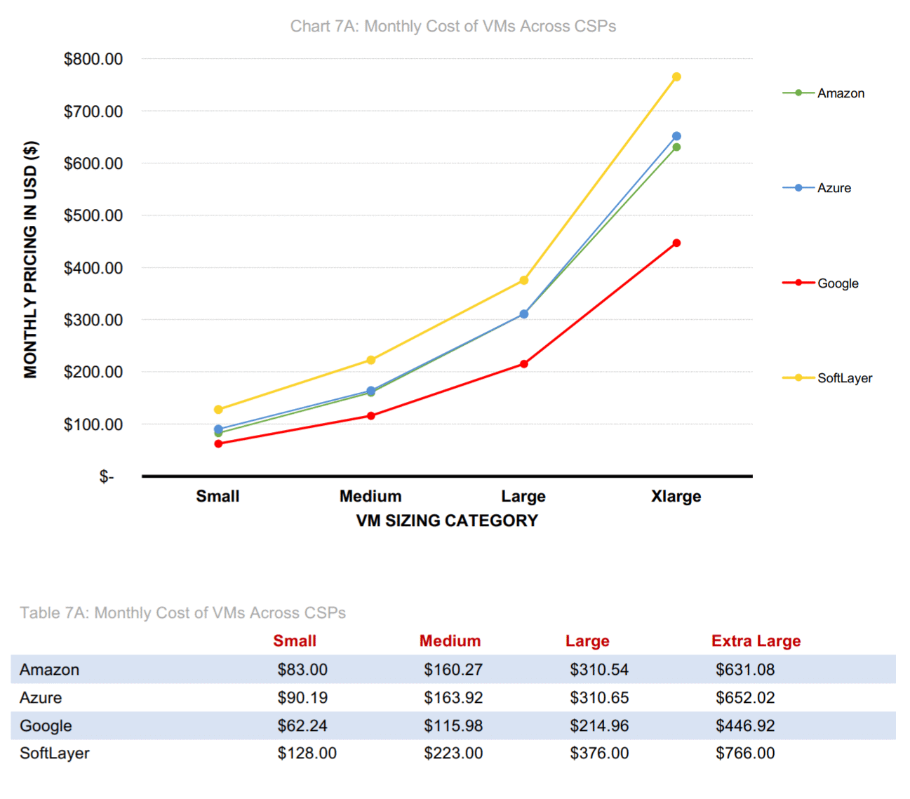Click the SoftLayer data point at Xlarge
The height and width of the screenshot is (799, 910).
pyautogui.click(x=676, y=77)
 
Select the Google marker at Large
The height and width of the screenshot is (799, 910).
pyautogui.click(x=524, y=364)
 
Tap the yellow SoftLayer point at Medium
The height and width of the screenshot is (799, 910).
pyautogui.click(x=371, y=361)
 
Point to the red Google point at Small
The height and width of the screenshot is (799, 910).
pyautogui.click(x=218, y=443)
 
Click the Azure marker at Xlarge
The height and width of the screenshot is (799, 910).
pyautogui.click(x=676, y=136)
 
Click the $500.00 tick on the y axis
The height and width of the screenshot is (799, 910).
pyautogui.click(x=93, y=216)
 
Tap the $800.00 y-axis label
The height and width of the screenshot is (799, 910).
pyautogui.click(x=93, y=60)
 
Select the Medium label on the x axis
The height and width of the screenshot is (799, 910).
pyautogui.click(x=370, y=497)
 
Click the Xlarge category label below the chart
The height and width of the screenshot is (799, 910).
pyautogui.click(x=676, y=497)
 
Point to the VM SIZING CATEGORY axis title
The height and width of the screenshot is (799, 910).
pyautogui.click(x=447, y=521)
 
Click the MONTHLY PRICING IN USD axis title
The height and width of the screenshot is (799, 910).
pyautogui.click(x=31, y=260)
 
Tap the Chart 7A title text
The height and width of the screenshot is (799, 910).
pyautogui.click(x=453, y=27)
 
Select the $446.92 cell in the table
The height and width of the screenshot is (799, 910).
pyautogui.click(x=745, y=726)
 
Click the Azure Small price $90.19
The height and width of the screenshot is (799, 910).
pyautogui.click(x=302, y=698)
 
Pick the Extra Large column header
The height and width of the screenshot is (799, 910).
pyautogui.click(x=756, y=641)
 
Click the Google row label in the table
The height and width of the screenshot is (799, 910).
pyautogui.click(x=46, y=726)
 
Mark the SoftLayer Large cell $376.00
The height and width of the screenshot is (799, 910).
pyautogui.click(x=599, y=753)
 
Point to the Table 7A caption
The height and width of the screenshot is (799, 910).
pyautogui.click(x=183, y=613)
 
